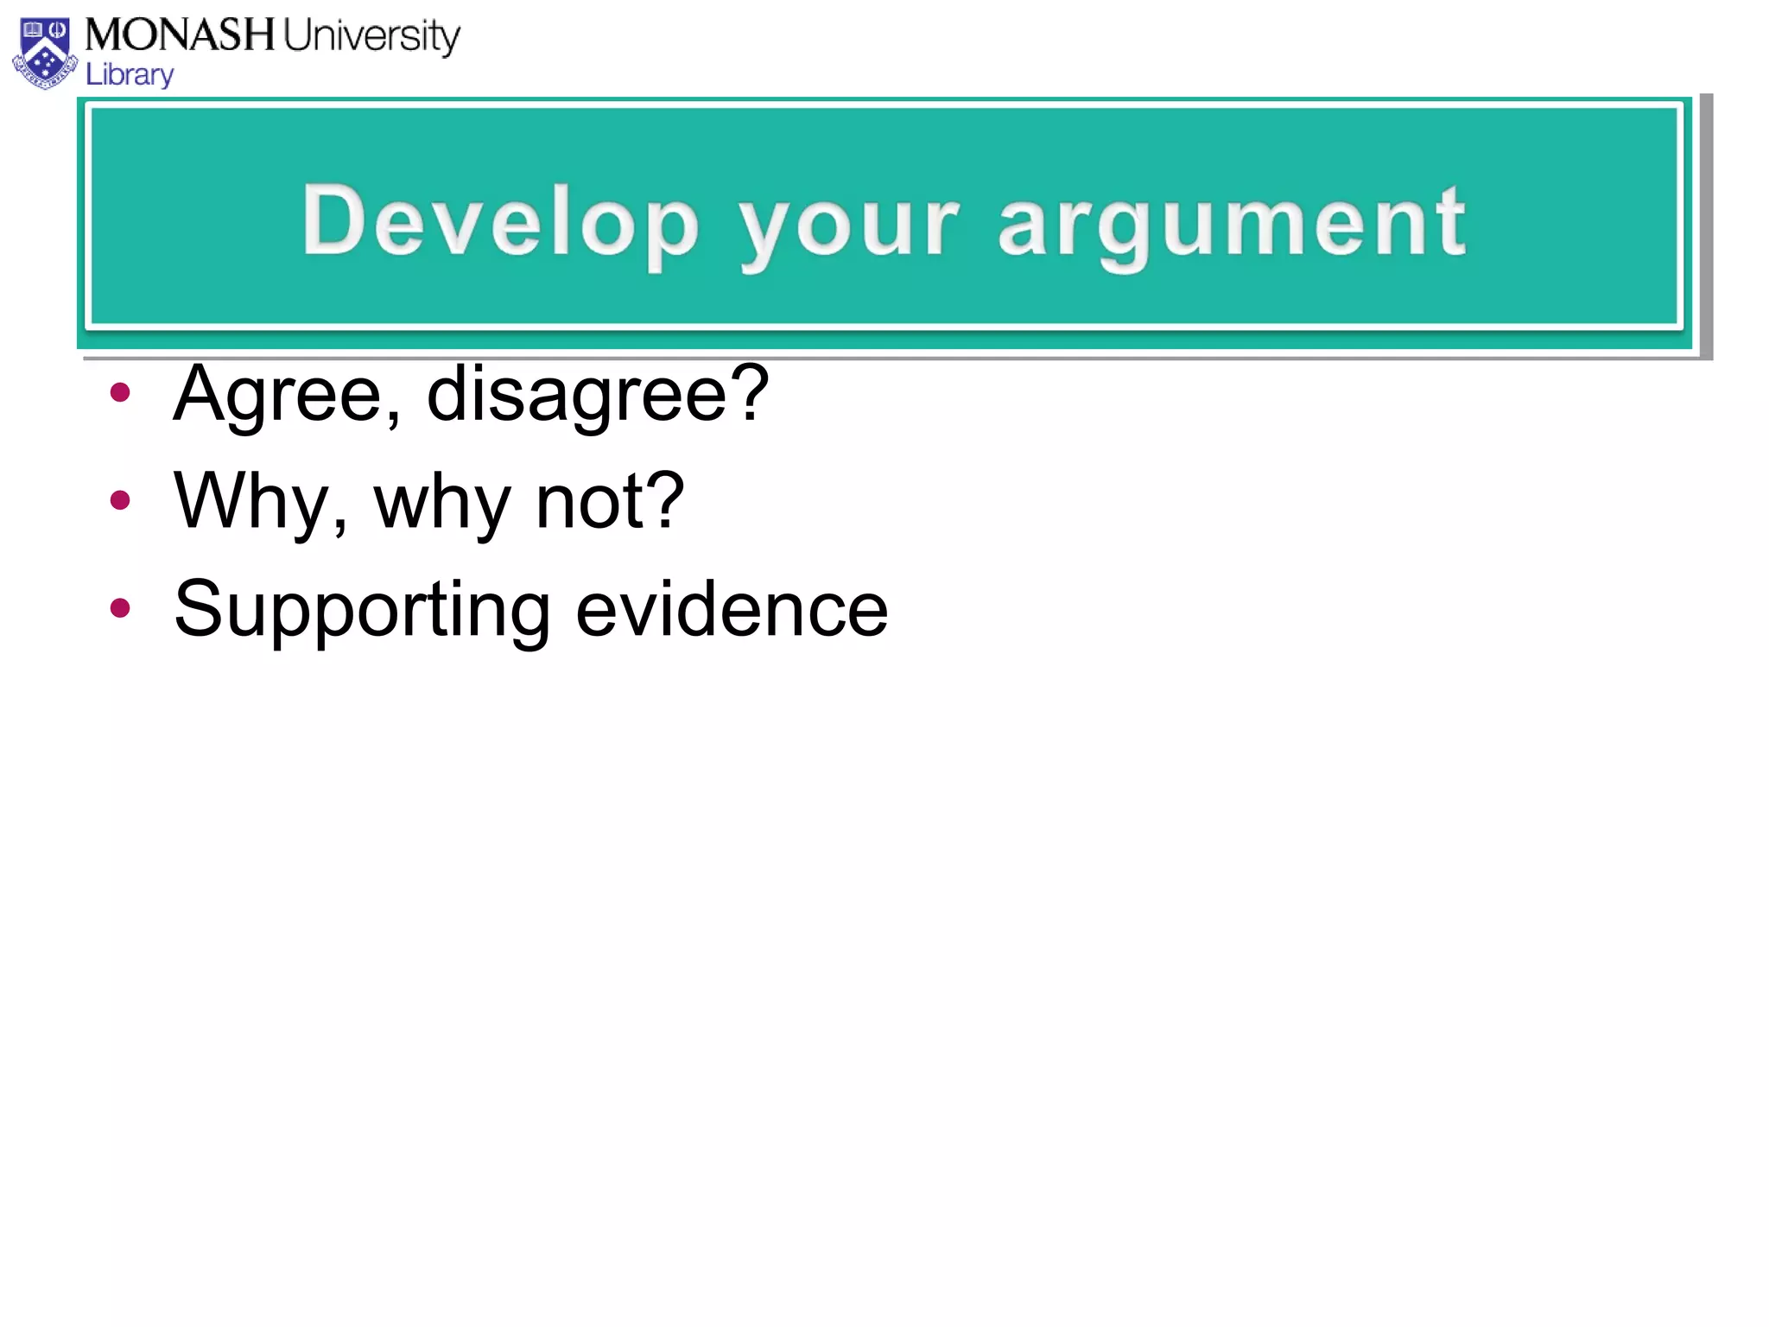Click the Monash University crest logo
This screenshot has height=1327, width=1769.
[45, 54]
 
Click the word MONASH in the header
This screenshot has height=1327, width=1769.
[180, 35]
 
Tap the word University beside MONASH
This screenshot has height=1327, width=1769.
[372, 37]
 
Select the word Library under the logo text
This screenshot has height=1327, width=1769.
[130, 75]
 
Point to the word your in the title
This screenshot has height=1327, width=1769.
[849, 226]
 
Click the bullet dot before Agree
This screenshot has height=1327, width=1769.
[120, 393]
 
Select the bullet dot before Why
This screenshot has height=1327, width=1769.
[120, 499]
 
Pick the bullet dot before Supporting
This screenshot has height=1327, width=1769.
[120, 607]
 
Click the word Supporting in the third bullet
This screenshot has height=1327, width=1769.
[362, 612]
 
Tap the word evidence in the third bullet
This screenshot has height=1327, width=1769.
[732, 609]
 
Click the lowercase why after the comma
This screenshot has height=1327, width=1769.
[442, 505]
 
